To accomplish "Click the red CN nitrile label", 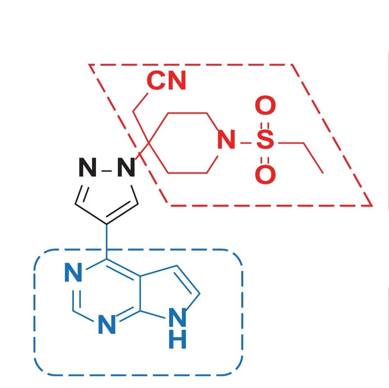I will point(166,81).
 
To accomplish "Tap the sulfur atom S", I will point(265,141).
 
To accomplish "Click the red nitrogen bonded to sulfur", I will point(226,141).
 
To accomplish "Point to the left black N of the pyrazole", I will point(87,168).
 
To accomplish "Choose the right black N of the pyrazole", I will point(126,168).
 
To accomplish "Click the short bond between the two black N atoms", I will point(107,170).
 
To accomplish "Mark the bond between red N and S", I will point(246,143).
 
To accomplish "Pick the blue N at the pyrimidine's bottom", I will point(107,326).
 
